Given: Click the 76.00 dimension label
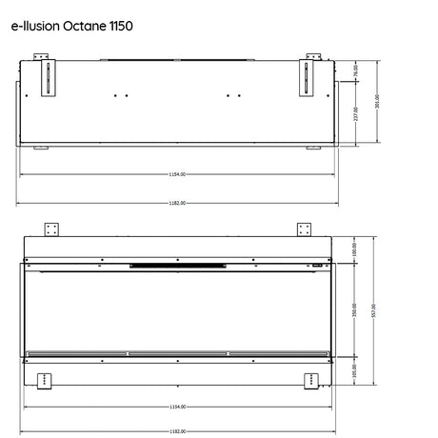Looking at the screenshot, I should [353, 70].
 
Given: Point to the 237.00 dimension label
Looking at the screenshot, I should [355, 113].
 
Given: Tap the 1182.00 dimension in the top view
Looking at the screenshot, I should [176, 202].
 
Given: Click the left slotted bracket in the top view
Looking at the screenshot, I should [44, 75].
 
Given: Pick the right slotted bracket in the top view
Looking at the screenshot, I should [309, 75].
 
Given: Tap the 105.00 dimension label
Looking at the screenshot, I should [354, 372].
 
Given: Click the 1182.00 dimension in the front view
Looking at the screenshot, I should [176, 430].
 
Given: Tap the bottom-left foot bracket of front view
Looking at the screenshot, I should [44, 380].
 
